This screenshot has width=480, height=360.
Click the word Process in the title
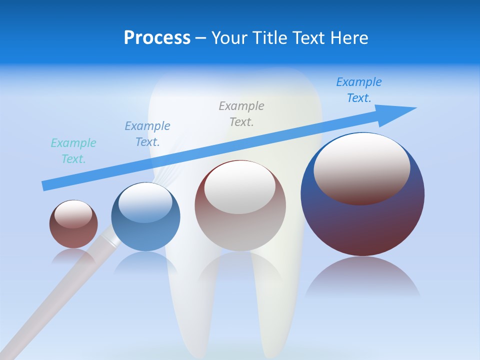click(x=157, y=38)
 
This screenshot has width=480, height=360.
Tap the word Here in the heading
click(x=349, y=38)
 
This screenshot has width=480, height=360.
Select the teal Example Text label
click(x=73, y=151)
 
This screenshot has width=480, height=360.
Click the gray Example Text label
click(x=241, y=113)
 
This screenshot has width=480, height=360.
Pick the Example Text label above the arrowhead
click(x=359, y=90)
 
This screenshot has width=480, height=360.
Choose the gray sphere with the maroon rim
click(x=240, y=225)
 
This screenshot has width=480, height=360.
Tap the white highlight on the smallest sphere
click(x=73, y=213)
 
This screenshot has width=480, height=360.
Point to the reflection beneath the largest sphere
click(x=362, y=278)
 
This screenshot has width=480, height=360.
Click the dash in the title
click(x=200, y=38)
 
